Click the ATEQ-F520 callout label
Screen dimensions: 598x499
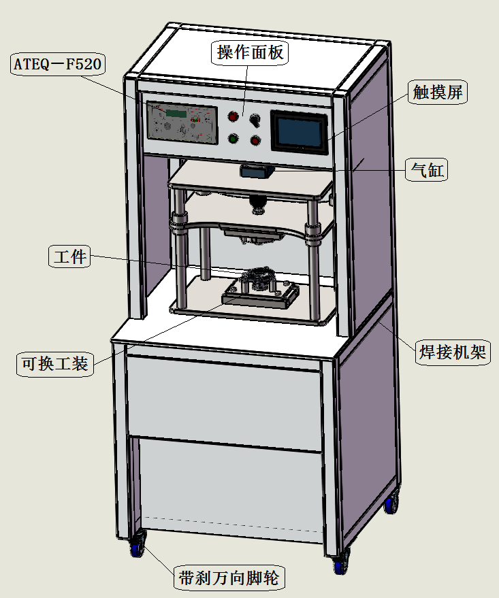point(58,65)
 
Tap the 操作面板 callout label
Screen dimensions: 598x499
point(251,52)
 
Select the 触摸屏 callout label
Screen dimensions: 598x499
point(437,93)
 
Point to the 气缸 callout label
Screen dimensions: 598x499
point(426,169)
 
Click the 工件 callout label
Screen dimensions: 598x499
point(70,256)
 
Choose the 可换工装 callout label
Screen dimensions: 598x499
point(54,363)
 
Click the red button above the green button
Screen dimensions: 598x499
point(233,116)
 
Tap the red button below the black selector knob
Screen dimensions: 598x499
point(256,141)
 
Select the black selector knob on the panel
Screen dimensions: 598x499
point(256,120)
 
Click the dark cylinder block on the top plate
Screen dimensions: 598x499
point(256,171)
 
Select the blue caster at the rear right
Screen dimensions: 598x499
point(390,504)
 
